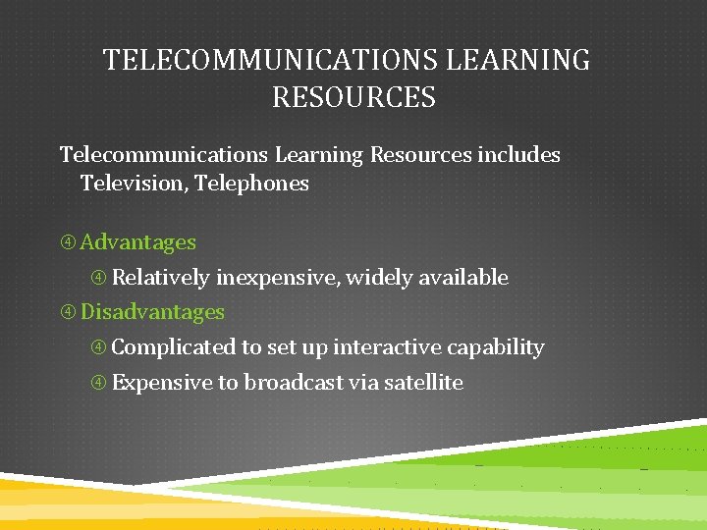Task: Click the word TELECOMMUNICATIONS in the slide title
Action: [x=271, y=61]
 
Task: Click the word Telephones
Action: [x=252, y=184]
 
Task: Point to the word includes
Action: [x=518, y=155]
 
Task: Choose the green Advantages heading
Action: [x=138, y=242]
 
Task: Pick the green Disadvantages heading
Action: [x=152, y=312]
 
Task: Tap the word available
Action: [x=463, y=278]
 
